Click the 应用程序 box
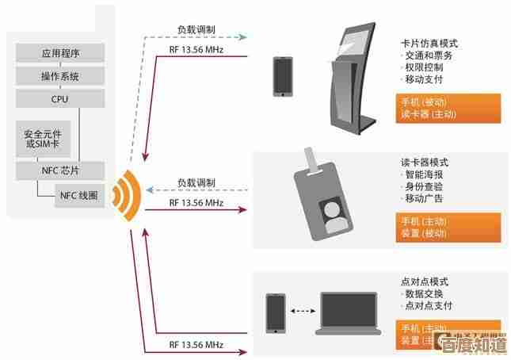61,54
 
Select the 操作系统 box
61,76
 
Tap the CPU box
61,98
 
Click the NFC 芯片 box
61,170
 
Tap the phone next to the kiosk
283,76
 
